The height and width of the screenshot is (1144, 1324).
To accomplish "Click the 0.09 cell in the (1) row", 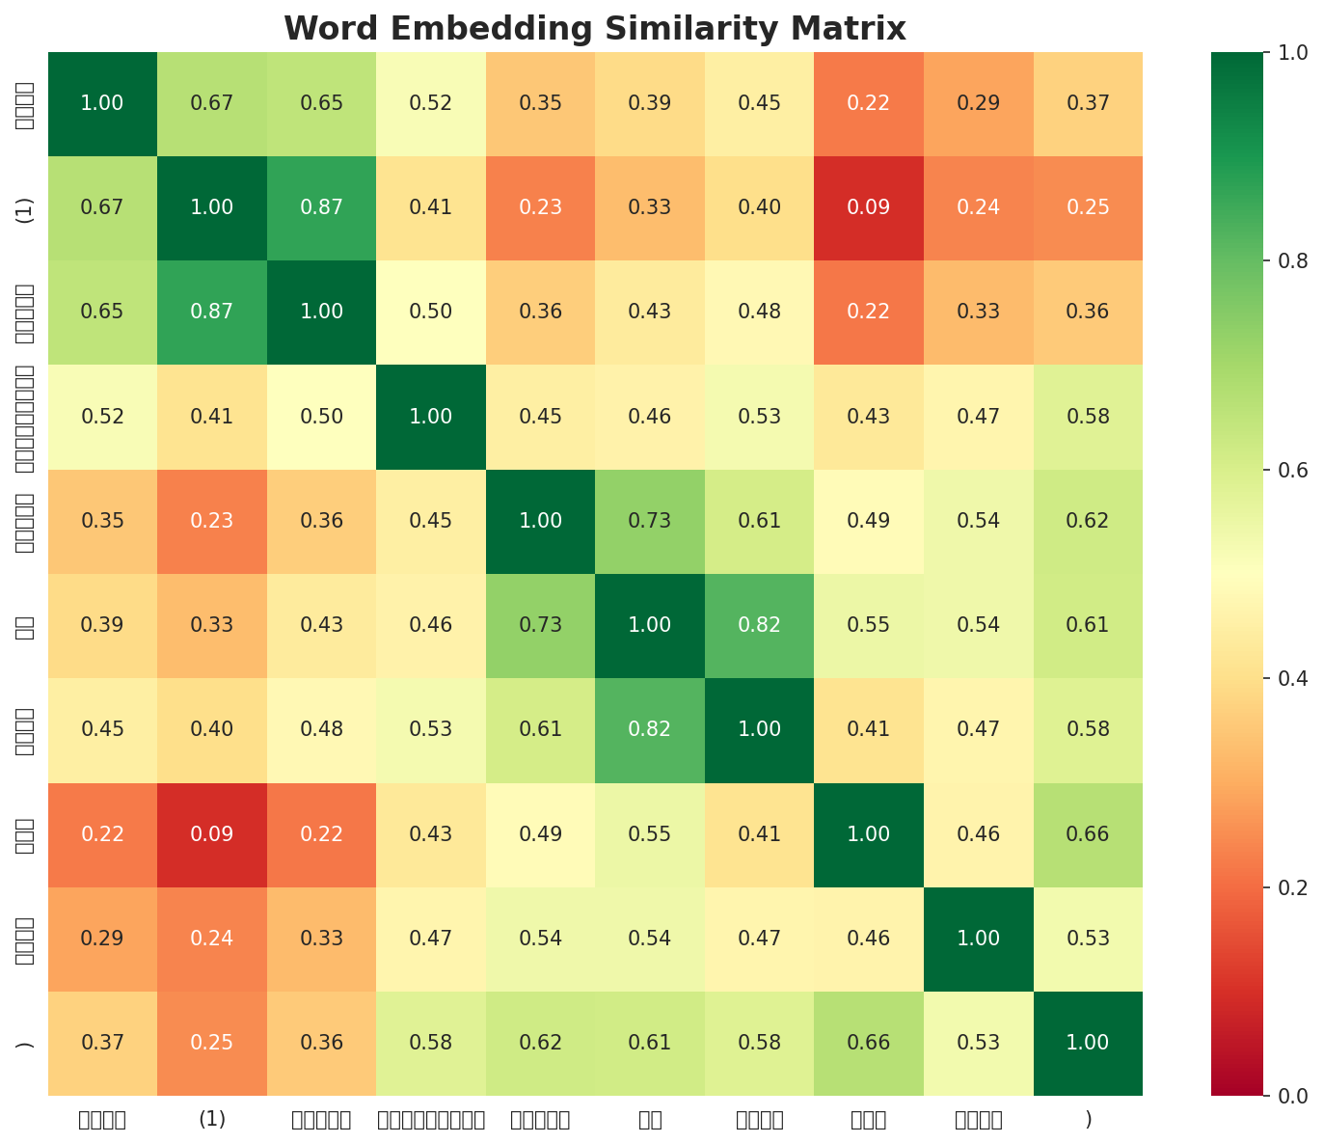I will (869, 207).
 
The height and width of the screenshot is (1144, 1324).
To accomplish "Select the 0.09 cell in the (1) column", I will (212, 833).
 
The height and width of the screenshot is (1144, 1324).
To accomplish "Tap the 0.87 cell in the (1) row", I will (321, 207).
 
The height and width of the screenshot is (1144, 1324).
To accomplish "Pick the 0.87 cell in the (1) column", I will (212, 312).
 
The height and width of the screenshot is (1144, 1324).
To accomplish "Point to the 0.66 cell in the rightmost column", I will (1088, 833).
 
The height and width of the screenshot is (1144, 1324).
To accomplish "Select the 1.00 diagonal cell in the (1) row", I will (212, 207).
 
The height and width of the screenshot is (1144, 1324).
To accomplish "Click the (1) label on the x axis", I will (212, 1119).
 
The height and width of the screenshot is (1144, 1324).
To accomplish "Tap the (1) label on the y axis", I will (25, 207).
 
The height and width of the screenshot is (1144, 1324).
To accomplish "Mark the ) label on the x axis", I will (1088, 1119).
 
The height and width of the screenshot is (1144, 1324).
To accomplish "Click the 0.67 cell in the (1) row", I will (102, 207).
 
